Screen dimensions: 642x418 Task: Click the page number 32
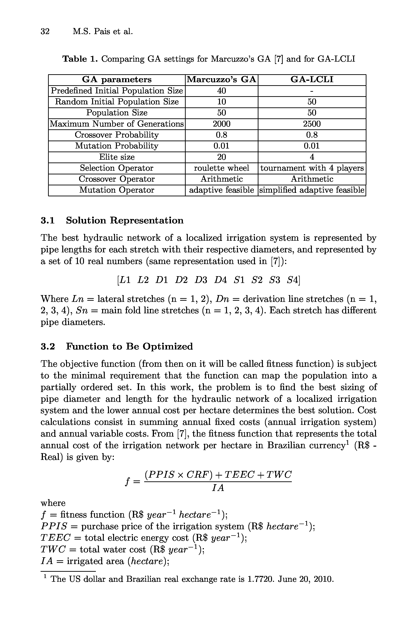tap(45, 32)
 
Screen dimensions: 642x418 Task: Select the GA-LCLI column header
tap(312, 80)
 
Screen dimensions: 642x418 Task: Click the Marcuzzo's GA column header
tap(221, 80)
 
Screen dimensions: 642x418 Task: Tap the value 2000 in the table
tap(222, 124)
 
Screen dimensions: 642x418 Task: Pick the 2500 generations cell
tap(312, 124)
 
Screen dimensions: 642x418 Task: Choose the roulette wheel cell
tap(222, 168)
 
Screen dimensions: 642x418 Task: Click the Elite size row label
tap(117, 157)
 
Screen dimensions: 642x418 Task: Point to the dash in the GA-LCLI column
tap(312, 91)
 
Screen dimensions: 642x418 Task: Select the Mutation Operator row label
tap(117, 190)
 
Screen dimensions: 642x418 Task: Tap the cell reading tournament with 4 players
tap(312, 168)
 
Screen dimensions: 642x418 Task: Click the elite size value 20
tap(222, 157)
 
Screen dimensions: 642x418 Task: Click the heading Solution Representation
tap(125, 220)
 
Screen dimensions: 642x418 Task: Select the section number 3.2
tap(48, 346)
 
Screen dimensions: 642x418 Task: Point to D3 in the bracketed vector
tap(201, 280)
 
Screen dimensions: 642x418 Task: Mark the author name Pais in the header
tap(102, 32)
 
